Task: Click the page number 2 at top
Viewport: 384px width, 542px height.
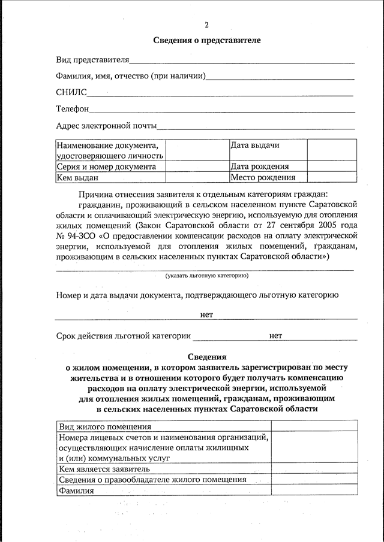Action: [x=206, y=25]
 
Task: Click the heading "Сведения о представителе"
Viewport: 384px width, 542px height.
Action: [x=206, y=41]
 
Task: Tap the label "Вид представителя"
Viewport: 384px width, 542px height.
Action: [x=92, y=60]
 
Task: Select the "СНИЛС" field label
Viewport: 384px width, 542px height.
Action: [x=71, y=93]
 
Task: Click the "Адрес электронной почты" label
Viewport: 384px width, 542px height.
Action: [x=106, y=126]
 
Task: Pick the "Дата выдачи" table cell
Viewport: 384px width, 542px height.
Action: [x=255, y=146]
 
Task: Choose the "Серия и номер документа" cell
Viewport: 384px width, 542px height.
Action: [x=106, y=167]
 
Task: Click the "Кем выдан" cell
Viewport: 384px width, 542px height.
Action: [x=77, y=177]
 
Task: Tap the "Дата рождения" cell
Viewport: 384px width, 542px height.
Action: [x=260, y=167]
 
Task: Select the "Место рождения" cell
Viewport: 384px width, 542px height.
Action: [x=263, y=177]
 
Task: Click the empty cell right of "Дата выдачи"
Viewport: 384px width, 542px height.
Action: [x=332, y=150]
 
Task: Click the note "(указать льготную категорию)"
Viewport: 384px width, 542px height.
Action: [x=207, y=275]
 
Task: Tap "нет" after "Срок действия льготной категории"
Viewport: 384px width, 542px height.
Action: [x=275, y=336]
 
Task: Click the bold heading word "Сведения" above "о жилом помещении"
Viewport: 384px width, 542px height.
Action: [x=206, y=356]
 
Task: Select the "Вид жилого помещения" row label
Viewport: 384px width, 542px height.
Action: [x=104, y=426]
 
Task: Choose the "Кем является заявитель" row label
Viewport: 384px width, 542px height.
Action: [x=104, y=469]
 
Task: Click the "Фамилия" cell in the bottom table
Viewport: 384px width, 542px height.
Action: [x=76, y=490]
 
